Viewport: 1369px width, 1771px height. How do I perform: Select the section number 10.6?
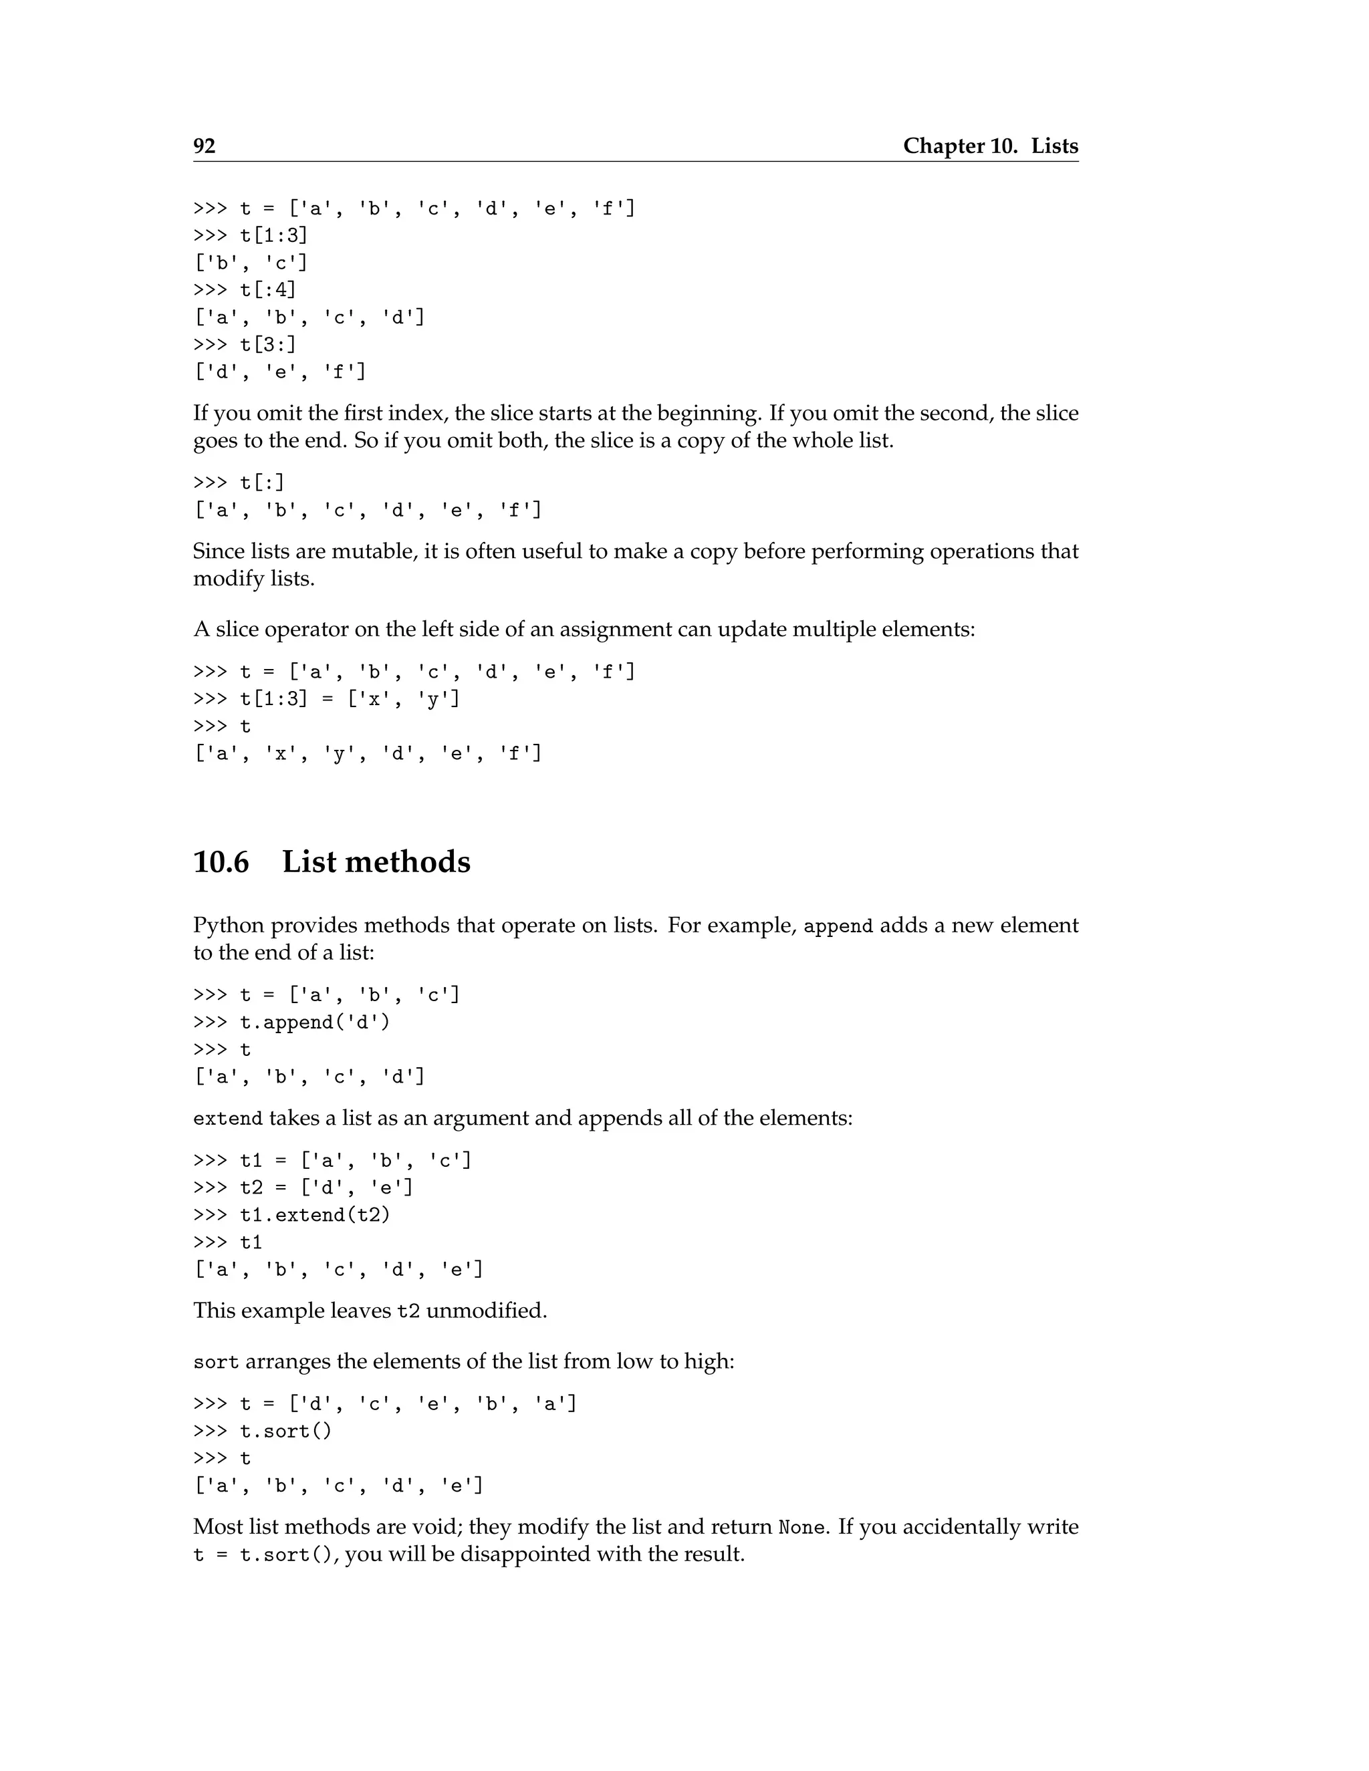click(x=221, y=862)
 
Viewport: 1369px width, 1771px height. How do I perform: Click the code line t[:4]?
click(x=267, y=290)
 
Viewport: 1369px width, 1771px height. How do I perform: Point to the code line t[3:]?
click(x=267, y=345)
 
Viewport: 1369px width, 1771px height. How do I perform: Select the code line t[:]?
click(x=262, y=483)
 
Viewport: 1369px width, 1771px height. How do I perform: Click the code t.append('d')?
click(x=315, y=1023)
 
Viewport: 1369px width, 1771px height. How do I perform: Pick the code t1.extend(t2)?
click(x=315, y=1216)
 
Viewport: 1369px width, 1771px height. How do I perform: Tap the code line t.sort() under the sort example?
click(x=285, y=1432)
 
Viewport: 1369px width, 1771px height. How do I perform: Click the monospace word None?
click(x=801, y=1528)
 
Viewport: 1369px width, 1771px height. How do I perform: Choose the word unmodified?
click(x=486, y=1311)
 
